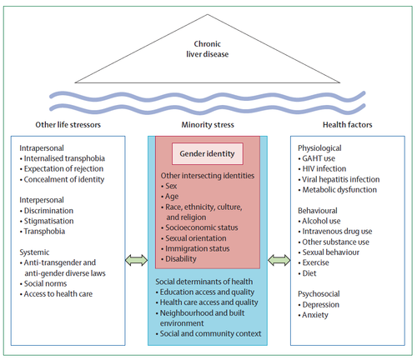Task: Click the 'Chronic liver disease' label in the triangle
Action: [208, 49]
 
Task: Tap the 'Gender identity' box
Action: [208, 153]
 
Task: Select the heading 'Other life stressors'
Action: [68, 125]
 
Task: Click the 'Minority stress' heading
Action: [208, 125]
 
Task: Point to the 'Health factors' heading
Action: [347, 125]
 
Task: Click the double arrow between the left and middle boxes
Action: [136, 260]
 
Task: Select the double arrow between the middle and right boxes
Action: [279, 260]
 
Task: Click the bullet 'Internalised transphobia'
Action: [63, 158]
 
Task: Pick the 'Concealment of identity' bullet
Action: [62, 179]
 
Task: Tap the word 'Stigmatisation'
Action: [49, 221]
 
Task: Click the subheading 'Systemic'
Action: [34, 252]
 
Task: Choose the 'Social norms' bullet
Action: [43, 283]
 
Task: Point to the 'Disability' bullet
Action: [178, 259]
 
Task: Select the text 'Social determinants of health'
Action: [204, 282]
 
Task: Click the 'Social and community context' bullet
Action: [208, 333]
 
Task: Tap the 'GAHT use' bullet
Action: [316, 158]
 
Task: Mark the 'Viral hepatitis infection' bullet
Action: [339, 179]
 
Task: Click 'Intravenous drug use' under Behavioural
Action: [335, 232]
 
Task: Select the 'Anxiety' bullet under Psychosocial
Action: [313, 315]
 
